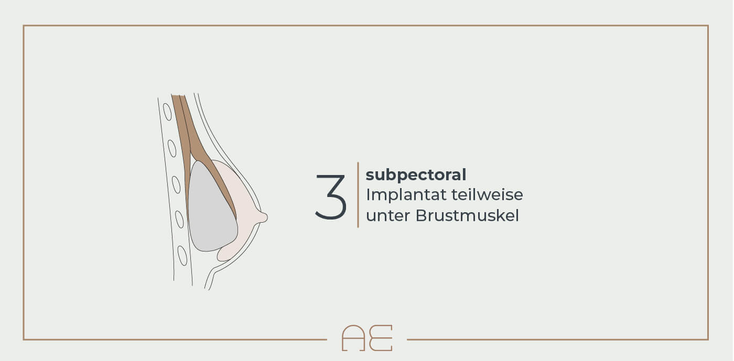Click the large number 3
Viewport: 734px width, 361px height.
point(331,197)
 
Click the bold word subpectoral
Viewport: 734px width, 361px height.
point(416,174)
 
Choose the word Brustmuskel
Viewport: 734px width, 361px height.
point(467,215)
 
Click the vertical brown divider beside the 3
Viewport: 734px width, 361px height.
point(358,194)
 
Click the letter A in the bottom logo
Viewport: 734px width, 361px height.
point(353,338)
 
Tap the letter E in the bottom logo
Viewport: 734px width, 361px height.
point(381,338)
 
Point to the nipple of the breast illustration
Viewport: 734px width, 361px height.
point(263,217)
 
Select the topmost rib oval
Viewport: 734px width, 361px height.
point(167,112)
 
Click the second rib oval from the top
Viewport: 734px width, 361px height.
point(172,148)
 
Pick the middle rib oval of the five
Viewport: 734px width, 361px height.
point(176,185)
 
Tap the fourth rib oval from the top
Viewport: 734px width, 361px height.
point(179,220)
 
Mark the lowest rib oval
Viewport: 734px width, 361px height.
point(182,256)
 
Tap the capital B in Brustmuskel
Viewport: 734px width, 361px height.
point(420,215)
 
